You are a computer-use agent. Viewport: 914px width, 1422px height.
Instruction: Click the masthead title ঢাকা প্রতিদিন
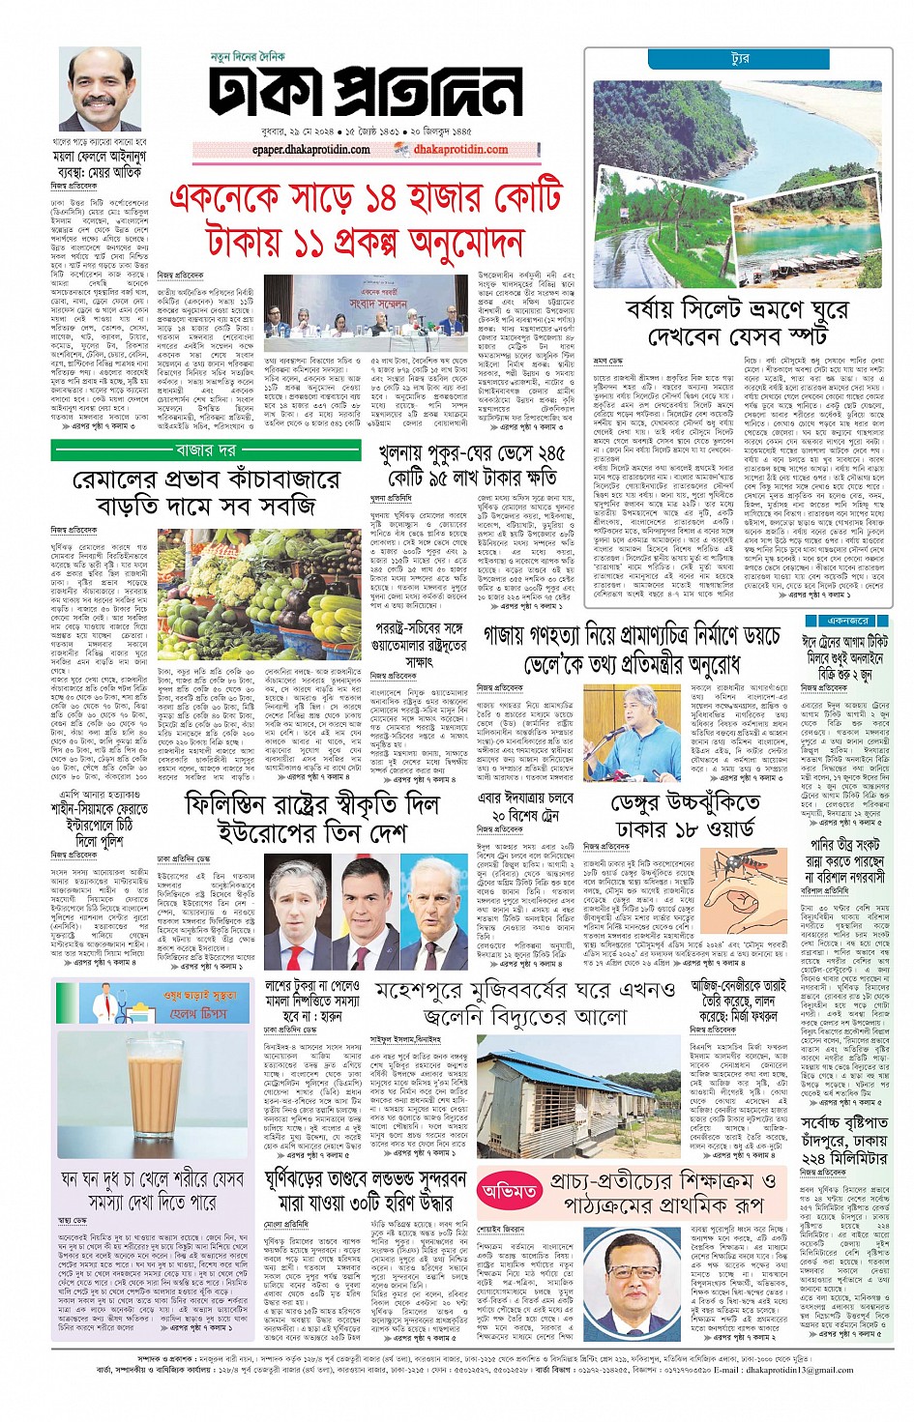(x=366, y=96)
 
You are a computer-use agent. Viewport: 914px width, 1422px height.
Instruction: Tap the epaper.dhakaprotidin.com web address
(x=310, y=150)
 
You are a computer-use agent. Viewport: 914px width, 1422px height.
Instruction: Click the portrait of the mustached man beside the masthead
(x=99, y=91)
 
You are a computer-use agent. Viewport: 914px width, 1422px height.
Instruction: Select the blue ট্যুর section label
(x=740, y=60)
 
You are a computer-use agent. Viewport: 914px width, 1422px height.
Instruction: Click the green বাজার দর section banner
(x=205, y=450)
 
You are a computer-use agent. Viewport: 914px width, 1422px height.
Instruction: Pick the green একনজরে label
(x=847, y=621)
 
